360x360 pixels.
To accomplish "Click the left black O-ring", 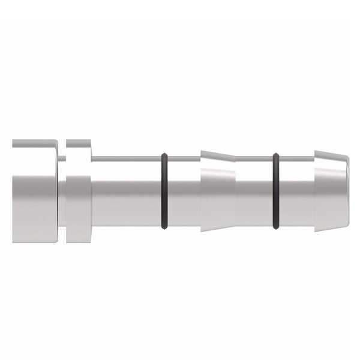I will tap(164, 191).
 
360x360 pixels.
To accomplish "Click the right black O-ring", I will tap(276, 191).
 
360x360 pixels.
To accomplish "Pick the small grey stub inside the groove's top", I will tap(62, 158).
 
